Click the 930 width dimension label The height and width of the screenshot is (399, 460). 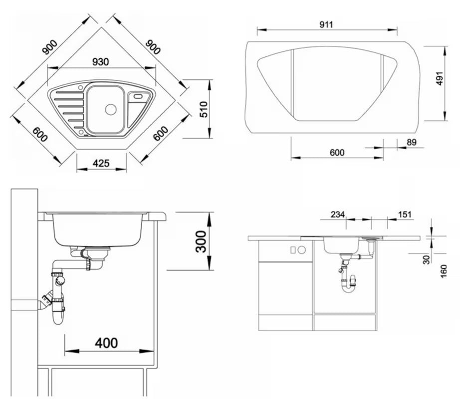(x=100, y=62)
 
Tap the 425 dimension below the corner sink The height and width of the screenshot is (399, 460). (x=101, y=163)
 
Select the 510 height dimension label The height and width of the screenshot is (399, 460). (x=204, y=109)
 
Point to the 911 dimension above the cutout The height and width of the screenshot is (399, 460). (x=326, y=24)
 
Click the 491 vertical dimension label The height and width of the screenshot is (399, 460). (x=440, y=78)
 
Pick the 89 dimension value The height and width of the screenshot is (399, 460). (x=412, y=142)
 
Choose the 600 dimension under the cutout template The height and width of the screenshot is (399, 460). (x=337, y=153)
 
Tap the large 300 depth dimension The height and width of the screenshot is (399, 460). (x=201, y=241)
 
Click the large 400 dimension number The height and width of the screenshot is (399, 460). (x=106, y=343)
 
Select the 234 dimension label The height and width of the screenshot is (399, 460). (x=337, y=214)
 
